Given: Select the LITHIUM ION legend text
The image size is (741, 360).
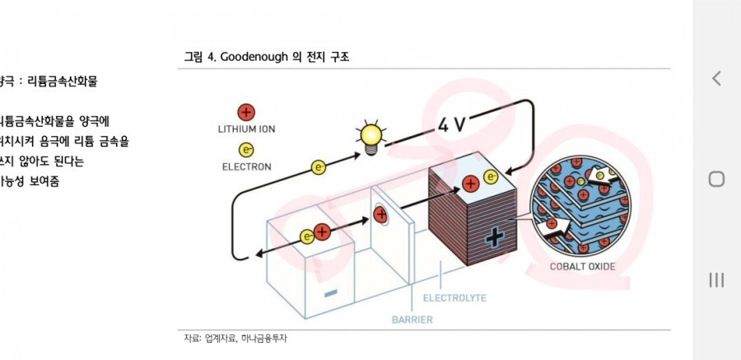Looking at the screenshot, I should (246, 129).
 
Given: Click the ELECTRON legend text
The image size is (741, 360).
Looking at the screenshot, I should (246, 166).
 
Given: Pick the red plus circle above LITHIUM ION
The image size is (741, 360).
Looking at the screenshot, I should (245, 112).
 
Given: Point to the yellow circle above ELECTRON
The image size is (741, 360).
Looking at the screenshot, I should (245, 150).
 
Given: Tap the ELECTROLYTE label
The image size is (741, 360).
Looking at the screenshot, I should (454, 297).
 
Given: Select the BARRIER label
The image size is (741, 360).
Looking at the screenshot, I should (412, 319).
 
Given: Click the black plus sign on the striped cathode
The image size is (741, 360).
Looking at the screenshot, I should (493, 238).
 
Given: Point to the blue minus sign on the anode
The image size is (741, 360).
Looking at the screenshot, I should (330, 292).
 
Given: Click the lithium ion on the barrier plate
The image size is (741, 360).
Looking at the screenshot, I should (381, 214).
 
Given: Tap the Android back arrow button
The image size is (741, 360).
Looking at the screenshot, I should (716, 78).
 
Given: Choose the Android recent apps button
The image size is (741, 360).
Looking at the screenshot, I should (716, 280).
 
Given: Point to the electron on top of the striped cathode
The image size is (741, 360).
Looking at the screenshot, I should (491, 176).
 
